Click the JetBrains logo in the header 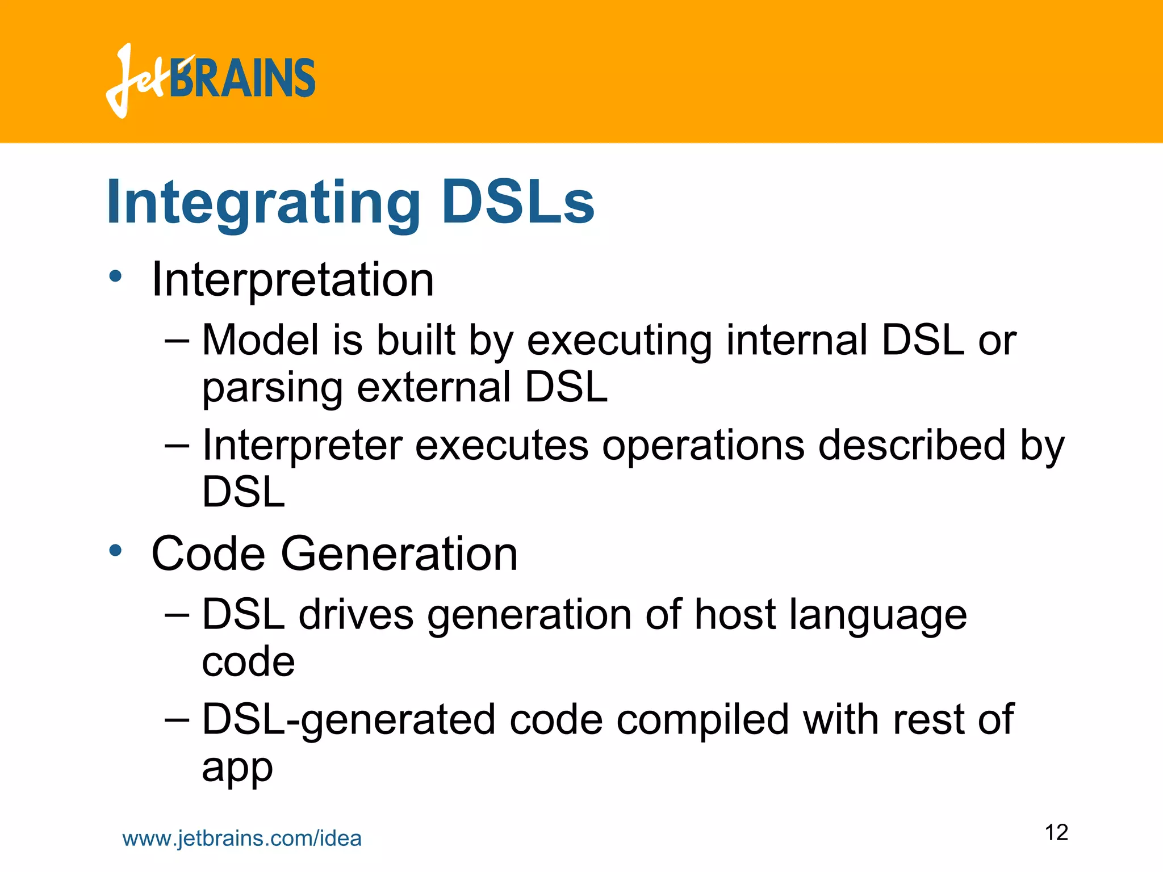tap(210, 81)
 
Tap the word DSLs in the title tap(517, 202)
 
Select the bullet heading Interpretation tap(292, 279)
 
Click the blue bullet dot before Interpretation tap(116, 276)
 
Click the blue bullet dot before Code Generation tap(116, 550)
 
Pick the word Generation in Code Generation tap(399, 554)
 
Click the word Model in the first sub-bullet tap(260, 340)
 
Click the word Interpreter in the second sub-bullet tap(302, 446)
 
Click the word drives tap(356, 615)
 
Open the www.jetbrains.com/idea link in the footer tap(242, 839)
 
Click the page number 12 tap(1056, 833)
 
